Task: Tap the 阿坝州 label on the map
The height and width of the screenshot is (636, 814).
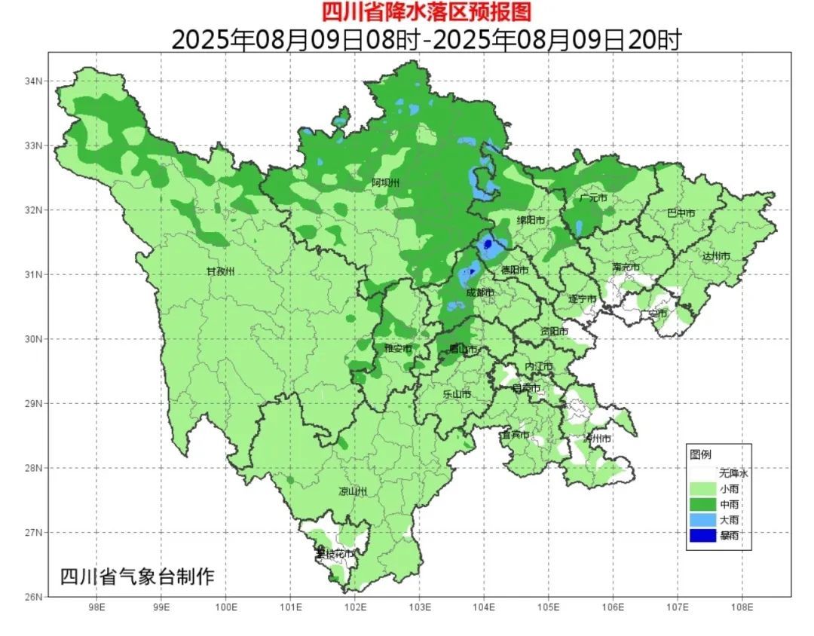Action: pyautogui.click(x=386, y=183)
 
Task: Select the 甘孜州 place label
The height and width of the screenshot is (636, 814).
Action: pyautogui.click(x=222, y=271)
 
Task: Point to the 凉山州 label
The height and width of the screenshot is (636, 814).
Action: pyautogui.click(x=352, y=491)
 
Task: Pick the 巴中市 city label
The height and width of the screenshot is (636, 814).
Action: pyautogui.click(x=681, y=213)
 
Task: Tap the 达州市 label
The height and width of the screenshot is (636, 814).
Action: pyautogui.click(x=716, y=256)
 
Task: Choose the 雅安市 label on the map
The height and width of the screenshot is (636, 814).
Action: pyautogui.click(x=398, y=348)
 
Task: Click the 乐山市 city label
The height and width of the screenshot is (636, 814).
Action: pyautogui.click(x=456, y=394)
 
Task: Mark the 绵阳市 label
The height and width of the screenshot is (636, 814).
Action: pyautogui.click(x=531, y=220)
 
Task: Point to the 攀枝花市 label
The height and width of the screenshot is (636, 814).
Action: pyautogui.click(x=335, y=554)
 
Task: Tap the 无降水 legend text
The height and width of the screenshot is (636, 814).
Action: pyautogui.click(x=733, y=473)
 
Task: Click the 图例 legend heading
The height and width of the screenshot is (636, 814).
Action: pyautogui.click(x=700, y=454)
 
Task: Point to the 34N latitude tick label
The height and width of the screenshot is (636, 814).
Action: pyautogui.click(x=33, y=81)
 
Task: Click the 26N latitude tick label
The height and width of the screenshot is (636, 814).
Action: pyautogui.click(x=33, y=597)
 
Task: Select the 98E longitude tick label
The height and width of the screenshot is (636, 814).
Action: pyautogui.click(x=96, y=607)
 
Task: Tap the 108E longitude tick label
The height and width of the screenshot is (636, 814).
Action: pyautogui.click(x=742, y=607)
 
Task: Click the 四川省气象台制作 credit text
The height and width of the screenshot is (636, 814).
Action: pyautogui.click(x=137, y=577)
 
